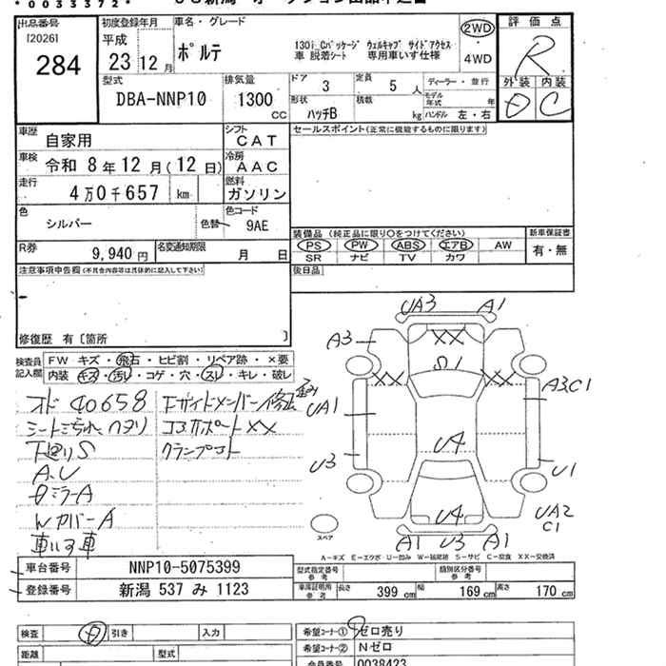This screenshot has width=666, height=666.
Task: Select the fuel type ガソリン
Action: pyautogui.click(x=256, y=193)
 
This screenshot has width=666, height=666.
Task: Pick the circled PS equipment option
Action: pyautogui.click(x=314, y=245)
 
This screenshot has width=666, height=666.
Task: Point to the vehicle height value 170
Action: pyautogui.click(x=545, y=592)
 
